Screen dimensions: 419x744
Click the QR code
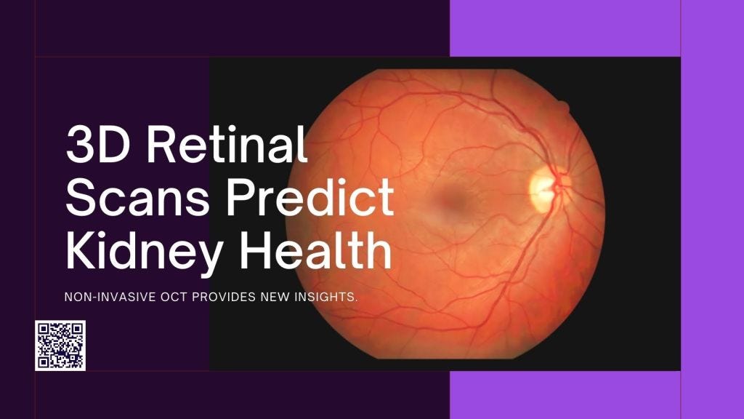pos(60,345)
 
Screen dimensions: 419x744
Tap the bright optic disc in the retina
pos(543,185)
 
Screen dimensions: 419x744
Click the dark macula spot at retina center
pos(445,197)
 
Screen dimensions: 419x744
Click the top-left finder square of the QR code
pos(44,329)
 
